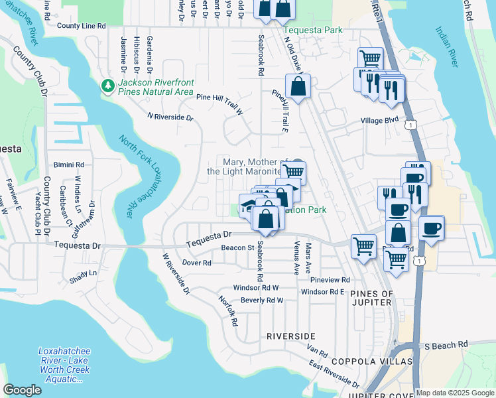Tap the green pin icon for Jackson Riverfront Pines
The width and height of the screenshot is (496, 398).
point(107,86)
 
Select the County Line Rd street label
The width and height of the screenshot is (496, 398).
point(81,26)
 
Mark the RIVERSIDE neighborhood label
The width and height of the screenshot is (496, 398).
point(290,336)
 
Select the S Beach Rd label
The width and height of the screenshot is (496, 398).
point(446,346)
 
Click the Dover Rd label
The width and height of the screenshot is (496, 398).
point(196,263)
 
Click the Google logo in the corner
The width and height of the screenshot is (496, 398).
point(22,390)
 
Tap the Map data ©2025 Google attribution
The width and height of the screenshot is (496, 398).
point(455,393)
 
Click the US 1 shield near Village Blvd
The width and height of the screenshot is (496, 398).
point(412,125)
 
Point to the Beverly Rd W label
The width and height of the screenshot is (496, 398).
point(262,300)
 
